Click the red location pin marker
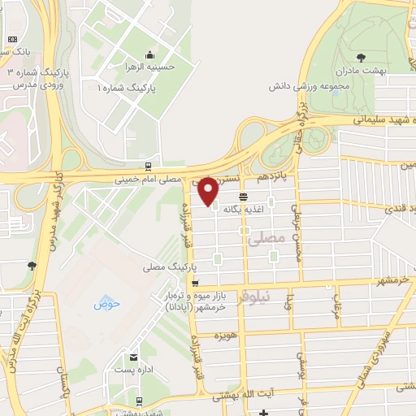[208, 191]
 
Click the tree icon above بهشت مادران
[361, 58]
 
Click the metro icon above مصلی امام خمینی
[147, 166]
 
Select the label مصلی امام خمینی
[158, 179]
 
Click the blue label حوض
[106, 304]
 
